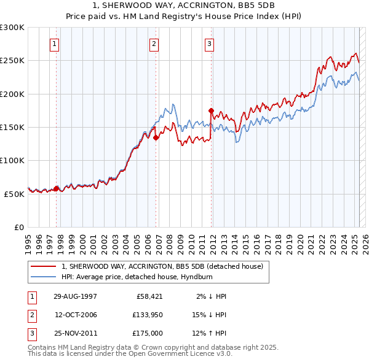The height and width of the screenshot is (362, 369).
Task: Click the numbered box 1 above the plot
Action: (x=55, y=44)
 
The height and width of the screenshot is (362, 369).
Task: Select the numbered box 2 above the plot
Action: (x=153, y=44)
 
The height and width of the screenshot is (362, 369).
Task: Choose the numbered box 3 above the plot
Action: (x=209, y=44)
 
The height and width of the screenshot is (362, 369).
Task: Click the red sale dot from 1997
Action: (x=56, y=188)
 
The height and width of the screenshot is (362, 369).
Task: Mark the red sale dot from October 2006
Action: (x=156, y=138)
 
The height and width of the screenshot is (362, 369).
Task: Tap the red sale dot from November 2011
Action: (x=211, y=110)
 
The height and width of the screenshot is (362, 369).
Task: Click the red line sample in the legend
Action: (x=44, y=266)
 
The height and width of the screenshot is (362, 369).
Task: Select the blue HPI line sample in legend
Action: (x=44, y=277)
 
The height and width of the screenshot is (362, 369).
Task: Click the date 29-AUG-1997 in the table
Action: (x=75, y=296)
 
